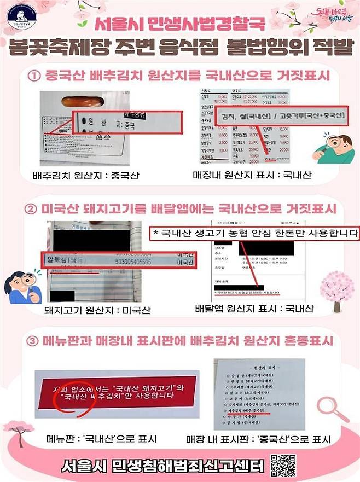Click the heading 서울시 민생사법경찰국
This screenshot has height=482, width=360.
point(179,25)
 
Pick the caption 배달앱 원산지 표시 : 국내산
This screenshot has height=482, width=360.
point(254,309)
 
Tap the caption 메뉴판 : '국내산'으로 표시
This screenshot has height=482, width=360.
point(101,439)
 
